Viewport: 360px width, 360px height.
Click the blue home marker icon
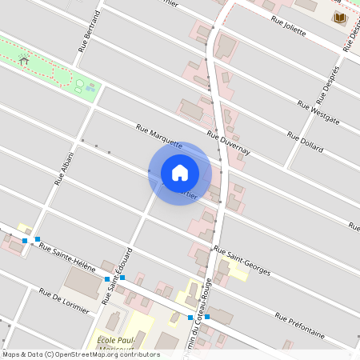point(180,172)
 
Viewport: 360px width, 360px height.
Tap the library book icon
point(339,18)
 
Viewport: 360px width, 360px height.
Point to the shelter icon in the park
point(24,60)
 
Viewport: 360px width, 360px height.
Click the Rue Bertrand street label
point(89,31)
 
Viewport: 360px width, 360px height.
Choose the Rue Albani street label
point(64,168)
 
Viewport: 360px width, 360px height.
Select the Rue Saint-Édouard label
point(117,277)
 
